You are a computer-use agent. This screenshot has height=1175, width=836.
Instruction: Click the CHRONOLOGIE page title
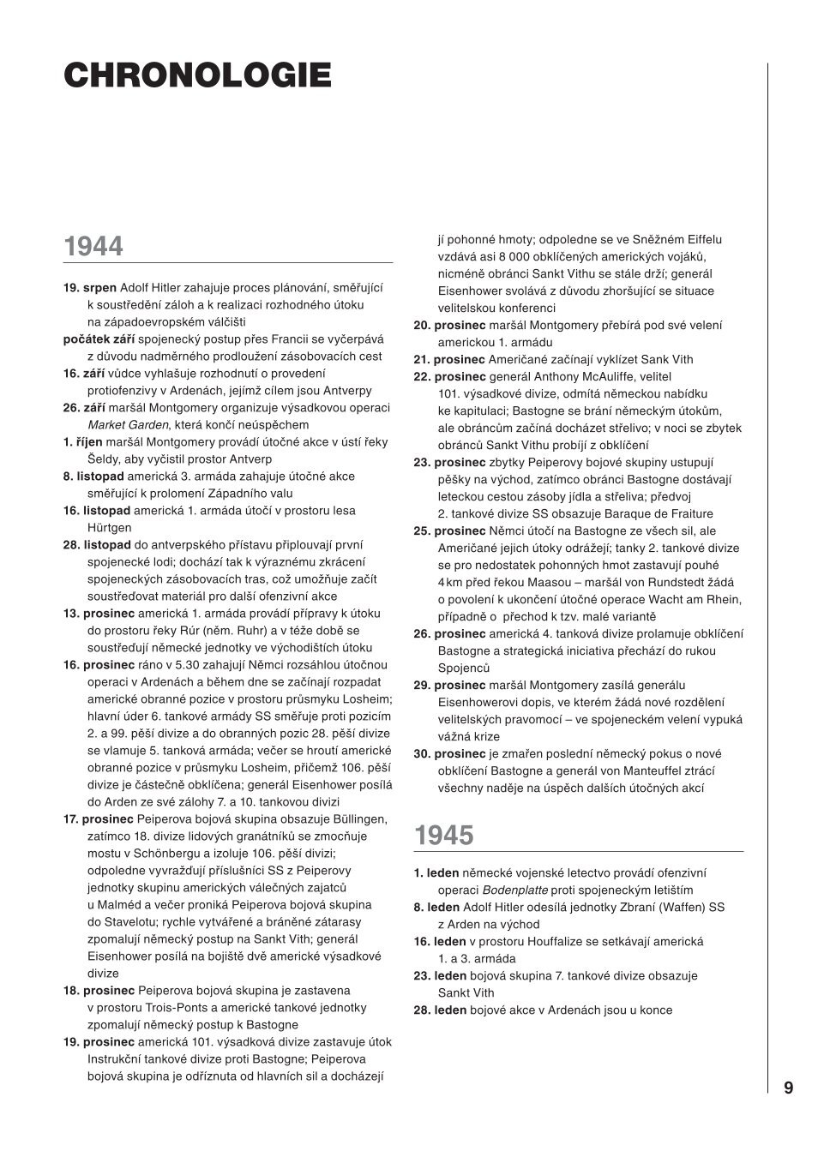point(197,75)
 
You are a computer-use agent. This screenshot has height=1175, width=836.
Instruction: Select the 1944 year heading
point(93,247)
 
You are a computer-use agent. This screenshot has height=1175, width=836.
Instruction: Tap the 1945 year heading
point(444,836)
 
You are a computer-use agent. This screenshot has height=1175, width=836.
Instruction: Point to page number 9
point(788,1088)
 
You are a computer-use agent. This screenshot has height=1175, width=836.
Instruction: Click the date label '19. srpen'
point(90,287)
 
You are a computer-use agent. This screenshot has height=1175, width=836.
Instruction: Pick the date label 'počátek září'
point(99,339)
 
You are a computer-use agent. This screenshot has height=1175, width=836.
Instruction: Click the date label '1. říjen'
point(83,441)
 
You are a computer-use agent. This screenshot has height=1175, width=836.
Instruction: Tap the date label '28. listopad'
point(97,544)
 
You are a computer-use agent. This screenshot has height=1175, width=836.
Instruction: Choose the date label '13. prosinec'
point(99,613)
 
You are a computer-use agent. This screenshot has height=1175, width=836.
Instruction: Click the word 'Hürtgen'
point(110,527)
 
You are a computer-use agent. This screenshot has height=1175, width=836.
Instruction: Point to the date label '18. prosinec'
point(99,990)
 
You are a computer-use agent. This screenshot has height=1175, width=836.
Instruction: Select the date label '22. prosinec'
point(449,376)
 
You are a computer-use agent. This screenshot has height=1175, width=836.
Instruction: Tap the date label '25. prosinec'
point(449,531)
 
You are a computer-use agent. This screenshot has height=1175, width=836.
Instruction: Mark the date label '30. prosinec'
point(449,753)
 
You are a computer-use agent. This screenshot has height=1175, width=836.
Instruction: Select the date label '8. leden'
point(436,907)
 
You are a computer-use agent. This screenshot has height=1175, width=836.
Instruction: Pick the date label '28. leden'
point(440,1010)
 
